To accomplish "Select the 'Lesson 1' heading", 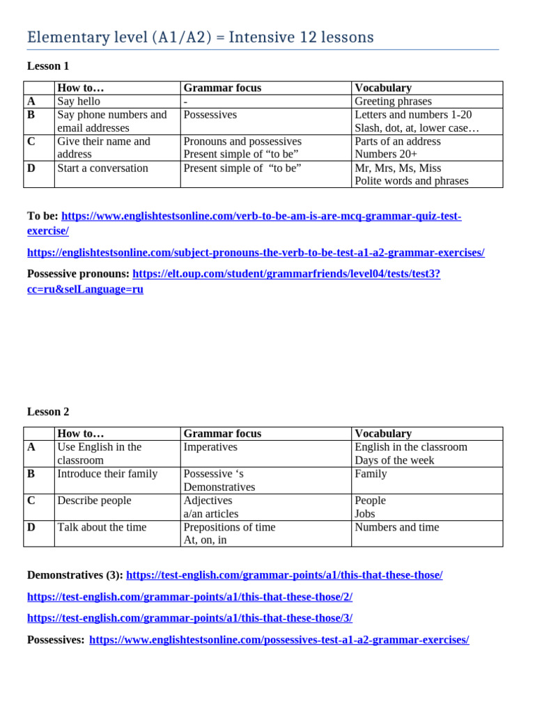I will tap(48, 66).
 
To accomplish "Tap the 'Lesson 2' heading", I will tap(48, 412).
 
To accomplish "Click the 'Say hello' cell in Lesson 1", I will tap(79, 101).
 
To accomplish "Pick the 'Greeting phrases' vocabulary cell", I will tap(393, 101).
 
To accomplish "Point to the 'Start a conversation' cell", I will tap(102, 168).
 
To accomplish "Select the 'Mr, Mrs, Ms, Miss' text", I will tap(398, 168).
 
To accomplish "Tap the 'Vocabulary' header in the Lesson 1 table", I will tap(383, 88).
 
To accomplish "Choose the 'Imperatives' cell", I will tap(210, 447).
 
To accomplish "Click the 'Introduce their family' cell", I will tap(107, 473).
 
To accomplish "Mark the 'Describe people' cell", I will tap(94, 500).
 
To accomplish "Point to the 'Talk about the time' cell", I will tap(102, 527).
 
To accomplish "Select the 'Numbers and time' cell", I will tap(397, 527).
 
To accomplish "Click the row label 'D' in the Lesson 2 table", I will tap(31, 527).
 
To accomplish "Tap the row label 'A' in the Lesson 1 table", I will tap(31, 101).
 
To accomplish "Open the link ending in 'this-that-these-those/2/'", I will tap(189, 597).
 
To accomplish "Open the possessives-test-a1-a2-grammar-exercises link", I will tap(279, 639).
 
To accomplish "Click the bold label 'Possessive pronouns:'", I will tap(78, 274).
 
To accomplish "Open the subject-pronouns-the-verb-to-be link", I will tap(256, 252).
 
